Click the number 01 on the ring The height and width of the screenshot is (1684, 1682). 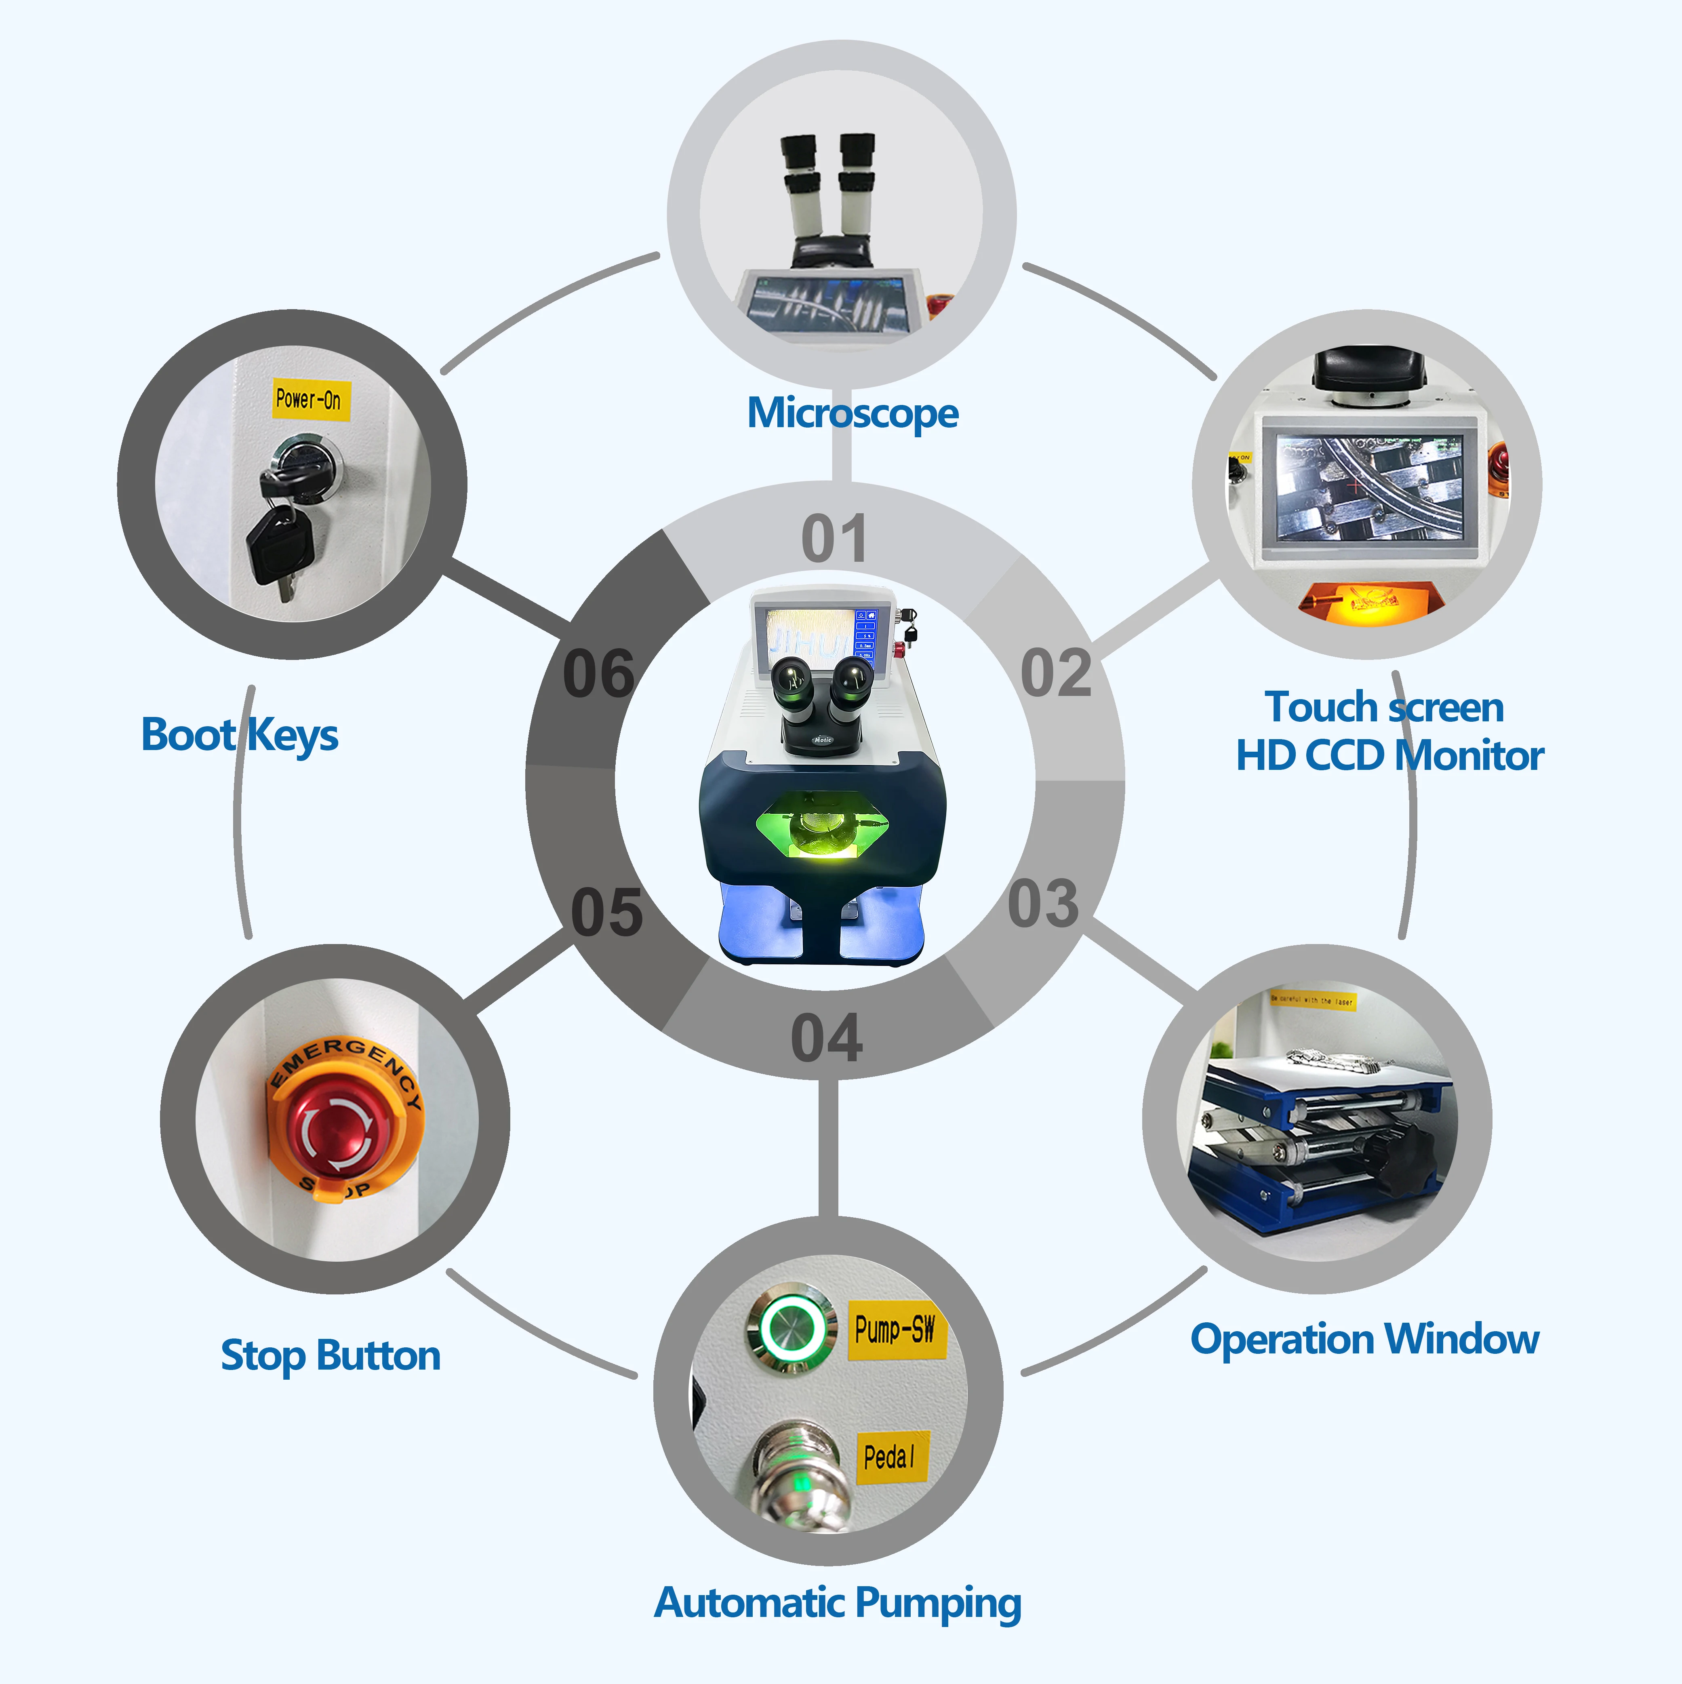pos(834,539)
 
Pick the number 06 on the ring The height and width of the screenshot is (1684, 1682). pos(599,674)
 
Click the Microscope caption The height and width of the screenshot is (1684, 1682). pos(853,412)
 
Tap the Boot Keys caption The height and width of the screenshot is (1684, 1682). pos(240,735)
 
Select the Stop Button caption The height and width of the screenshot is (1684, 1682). pos(331,1355)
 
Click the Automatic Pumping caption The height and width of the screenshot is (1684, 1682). pos(838,1602)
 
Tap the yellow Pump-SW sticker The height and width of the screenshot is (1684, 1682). pos(895,1329)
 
